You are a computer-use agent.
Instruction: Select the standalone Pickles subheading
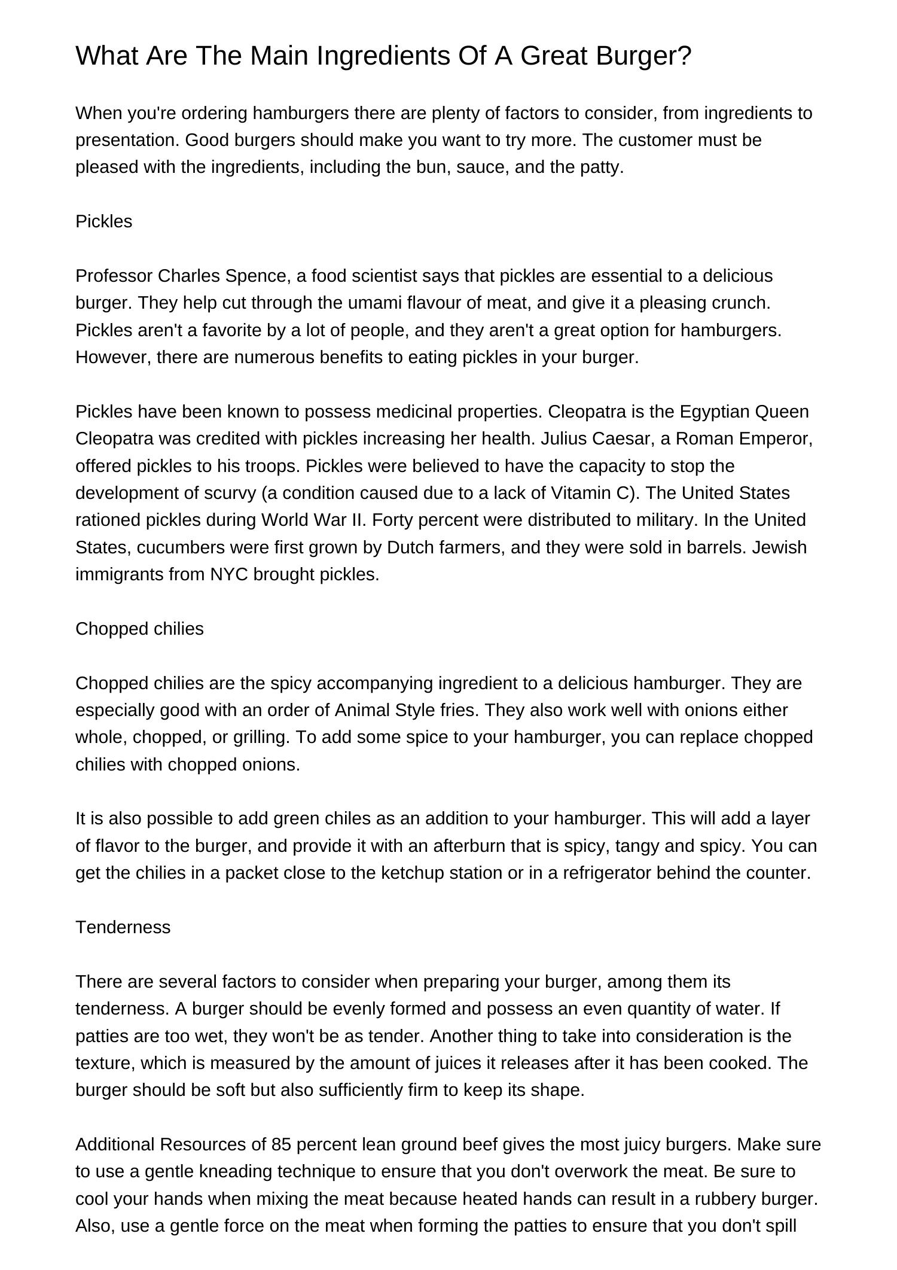click(x=103, y=221)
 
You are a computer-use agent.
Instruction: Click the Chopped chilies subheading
click(x=139, y=629)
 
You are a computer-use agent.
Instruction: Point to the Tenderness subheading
click(x=123, y=927)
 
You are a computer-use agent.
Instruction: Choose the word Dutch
click(x=409, y=547)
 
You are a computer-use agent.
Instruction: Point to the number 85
click(x=281, y=1144)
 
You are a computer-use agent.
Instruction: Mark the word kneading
click(x=213, y=1171)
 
